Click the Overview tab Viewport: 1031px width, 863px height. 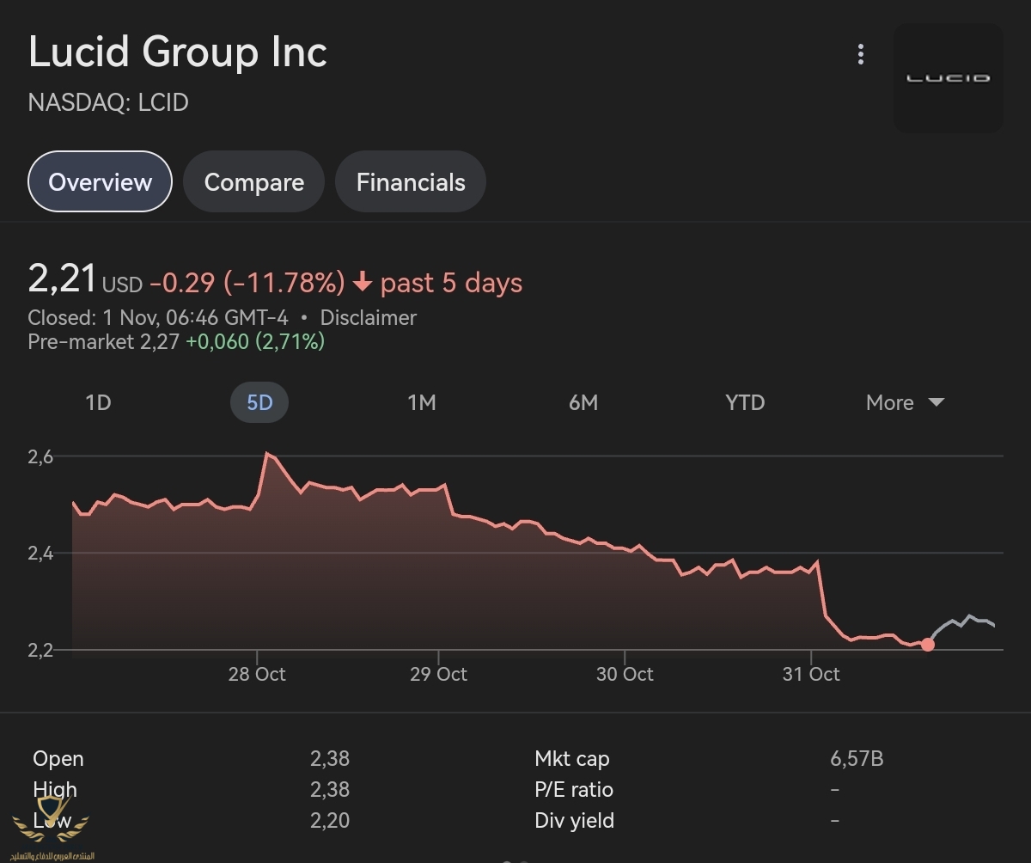[x=101, y=181]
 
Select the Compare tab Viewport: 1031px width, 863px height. [x=253, y=181]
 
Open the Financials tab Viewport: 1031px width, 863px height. [x=411, y=181]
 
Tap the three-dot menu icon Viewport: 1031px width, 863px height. [x=860, y=55]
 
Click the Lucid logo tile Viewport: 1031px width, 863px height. [x=949, y=77]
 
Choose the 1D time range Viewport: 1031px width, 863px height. [x=98, y=402]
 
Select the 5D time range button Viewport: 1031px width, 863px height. [x=259, y=402]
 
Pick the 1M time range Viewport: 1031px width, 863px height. [x=421, y=402]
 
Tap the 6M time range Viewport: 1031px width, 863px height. [x=583, y=402]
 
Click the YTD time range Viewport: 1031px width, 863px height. [x=744, y=402]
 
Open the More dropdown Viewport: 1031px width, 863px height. [x=905, y=402]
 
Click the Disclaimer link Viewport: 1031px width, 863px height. [x=368, y=317]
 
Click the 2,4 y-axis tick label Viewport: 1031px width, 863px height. [x=40, y=553]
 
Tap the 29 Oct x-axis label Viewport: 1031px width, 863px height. [x=438, y=674]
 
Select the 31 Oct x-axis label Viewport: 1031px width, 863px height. [x=811, y=674]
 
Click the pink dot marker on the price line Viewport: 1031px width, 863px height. [x=927, y=645]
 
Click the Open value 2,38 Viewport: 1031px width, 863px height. [x=330, y=758]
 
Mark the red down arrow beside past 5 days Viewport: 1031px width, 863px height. [x=363, y=282]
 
